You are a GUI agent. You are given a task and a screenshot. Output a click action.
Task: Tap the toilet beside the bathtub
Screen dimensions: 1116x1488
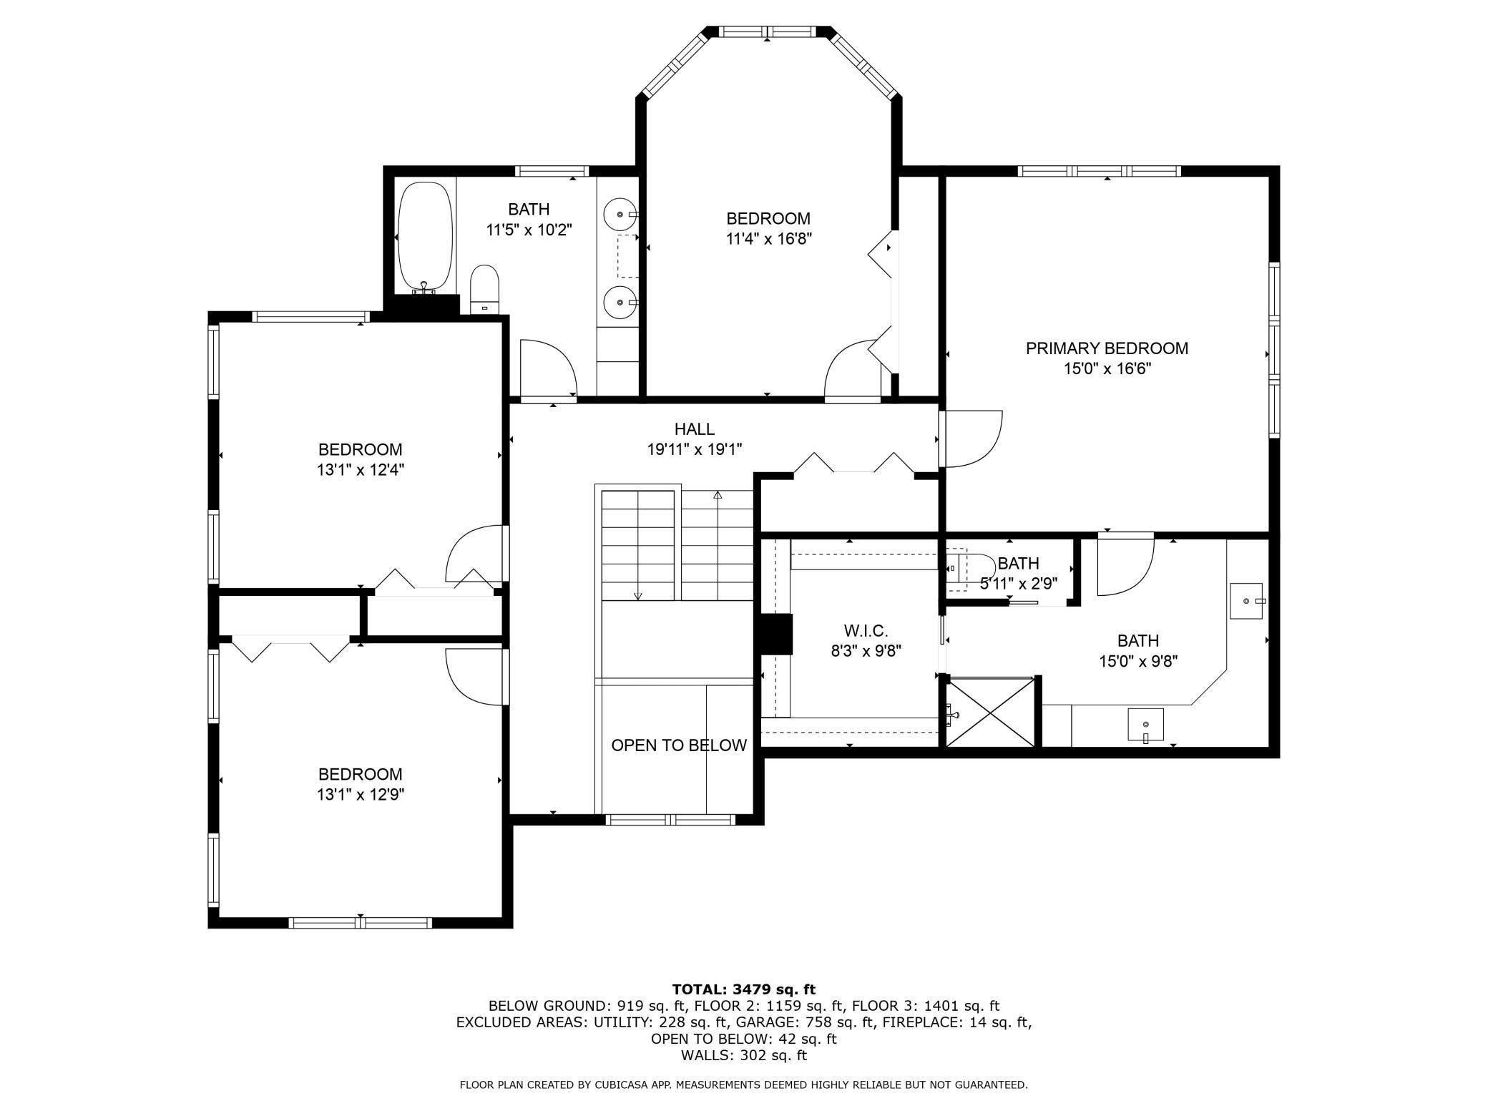(484, 289)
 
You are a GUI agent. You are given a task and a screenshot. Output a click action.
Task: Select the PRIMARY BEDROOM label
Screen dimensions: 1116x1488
(1106, 348)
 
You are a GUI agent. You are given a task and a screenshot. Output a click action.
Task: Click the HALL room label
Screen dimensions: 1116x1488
(694, 429)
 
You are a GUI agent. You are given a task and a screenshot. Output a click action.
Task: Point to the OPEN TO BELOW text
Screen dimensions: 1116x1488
(678, 745)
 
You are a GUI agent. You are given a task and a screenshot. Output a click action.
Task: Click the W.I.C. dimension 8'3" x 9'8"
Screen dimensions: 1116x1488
(866, 651)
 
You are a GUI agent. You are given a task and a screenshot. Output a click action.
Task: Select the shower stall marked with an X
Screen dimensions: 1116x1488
(991, 713)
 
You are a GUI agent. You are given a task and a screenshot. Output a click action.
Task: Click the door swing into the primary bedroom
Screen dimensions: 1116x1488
(973, 439)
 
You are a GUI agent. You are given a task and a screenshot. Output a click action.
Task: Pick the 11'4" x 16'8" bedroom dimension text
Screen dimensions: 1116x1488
(768, 239)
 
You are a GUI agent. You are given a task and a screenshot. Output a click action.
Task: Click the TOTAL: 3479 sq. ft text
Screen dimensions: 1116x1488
(743, 990)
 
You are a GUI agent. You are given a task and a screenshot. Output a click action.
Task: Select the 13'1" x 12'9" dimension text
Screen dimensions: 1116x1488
(361, 795)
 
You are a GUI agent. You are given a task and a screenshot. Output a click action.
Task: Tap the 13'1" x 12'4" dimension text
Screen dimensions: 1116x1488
(361, 470)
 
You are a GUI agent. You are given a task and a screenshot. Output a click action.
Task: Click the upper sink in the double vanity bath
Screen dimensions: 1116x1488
(620, 214)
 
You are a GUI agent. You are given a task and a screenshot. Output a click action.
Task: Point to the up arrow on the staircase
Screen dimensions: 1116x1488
(718, 494)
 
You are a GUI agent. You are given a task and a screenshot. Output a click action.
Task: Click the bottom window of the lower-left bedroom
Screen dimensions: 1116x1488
(360, 923)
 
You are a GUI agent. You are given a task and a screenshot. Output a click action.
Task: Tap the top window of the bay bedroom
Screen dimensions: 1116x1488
(768, 32)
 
